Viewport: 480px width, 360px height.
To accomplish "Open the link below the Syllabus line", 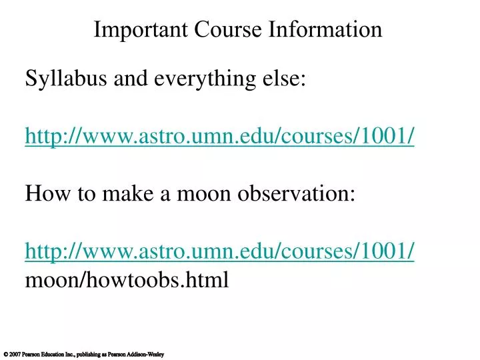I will [220, 136].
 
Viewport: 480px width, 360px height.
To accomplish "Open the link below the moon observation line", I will [220, 251].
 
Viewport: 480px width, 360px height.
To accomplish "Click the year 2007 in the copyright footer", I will [15, 354].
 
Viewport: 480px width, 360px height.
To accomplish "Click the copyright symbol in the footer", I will [5, 354].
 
